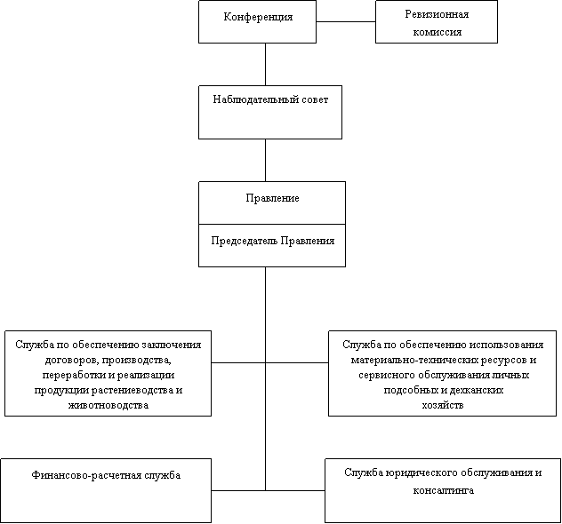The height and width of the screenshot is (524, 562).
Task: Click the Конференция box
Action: pyautogui.click(x=257, y=22)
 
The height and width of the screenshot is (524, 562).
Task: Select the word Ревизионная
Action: pyautogui.click(x=436, y=15)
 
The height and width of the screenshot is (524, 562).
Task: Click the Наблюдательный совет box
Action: pyautogui.click(x=269, y=112)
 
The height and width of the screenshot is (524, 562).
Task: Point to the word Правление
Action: pyautogui.click(x=271, y=198)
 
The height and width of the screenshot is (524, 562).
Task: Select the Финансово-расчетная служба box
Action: pyautogui.click(x=106, y=490)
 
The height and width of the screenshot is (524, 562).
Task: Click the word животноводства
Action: pyautogui.click(x=108, y=405)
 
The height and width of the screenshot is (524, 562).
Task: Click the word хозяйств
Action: pyautogui.click(x=442, y=404)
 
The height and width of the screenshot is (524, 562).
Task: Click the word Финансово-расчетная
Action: pyautogui.click(x=87, y=476)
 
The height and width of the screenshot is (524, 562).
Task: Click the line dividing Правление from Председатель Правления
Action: pyautogui.click(x=271, y=224)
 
